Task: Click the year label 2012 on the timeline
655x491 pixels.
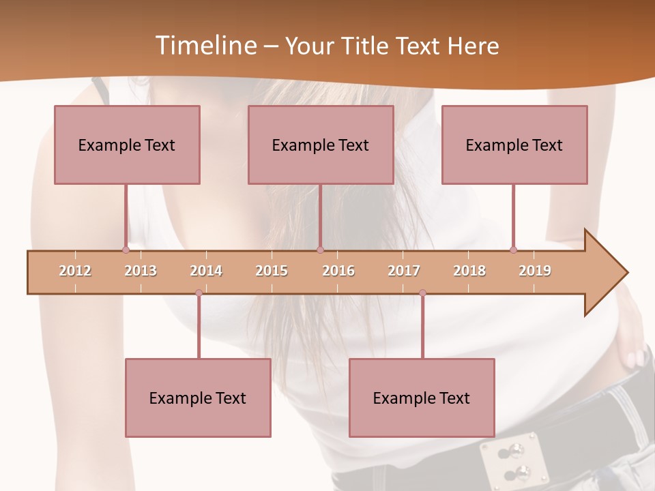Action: pos(75,271)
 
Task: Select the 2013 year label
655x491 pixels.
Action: pos(141,271)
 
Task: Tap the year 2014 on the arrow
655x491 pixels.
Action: pos(206,271)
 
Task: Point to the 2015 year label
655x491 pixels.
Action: pos(272,271)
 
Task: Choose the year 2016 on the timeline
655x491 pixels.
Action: pos(338,271)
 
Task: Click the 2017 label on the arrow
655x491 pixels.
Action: pos(404,271)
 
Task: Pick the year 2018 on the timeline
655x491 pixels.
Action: pos(469,271)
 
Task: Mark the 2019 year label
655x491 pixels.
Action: pos(535,271)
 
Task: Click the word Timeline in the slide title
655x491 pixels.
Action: pos(205,46)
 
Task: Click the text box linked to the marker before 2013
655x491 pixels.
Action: pos(127,145)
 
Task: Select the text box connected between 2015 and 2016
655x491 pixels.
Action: pos(321,145)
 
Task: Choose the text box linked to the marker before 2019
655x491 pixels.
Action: pos(514,145)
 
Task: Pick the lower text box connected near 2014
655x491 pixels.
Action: pos(198,398)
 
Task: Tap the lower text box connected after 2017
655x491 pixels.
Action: pos(422,398)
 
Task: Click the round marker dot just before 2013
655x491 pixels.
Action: pos(126,250)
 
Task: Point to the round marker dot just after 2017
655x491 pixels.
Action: pos(422,293)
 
